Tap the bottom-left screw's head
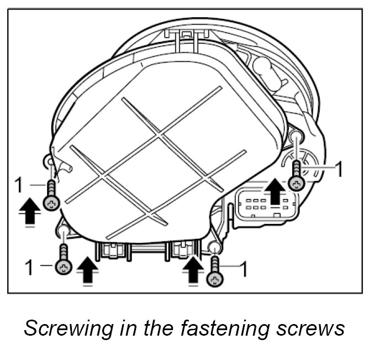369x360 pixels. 64,268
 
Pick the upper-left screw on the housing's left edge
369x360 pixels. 51,203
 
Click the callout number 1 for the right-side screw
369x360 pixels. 339,169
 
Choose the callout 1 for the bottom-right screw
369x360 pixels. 242,270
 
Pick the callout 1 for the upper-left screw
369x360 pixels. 19,185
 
